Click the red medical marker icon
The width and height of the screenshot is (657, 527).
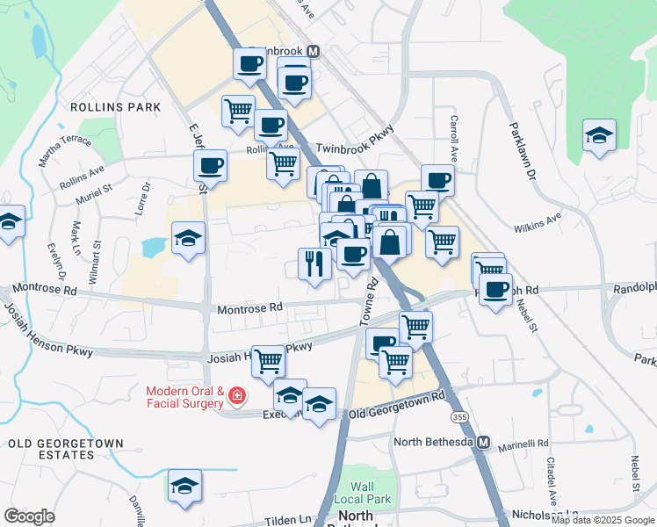(x=236, y=398)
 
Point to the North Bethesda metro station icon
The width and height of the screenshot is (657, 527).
(x=482, y=444)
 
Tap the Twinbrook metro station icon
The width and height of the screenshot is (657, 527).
(x=314, y=52)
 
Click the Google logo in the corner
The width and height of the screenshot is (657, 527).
(x=29, y=516)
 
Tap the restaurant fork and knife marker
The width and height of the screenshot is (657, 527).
(x=314, y=263)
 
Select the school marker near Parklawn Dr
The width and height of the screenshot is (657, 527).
(x=599, y=135)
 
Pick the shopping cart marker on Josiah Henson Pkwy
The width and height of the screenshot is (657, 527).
(x=268, y=359)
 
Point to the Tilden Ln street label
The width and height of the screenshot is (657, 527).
(x=285, y=518)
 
